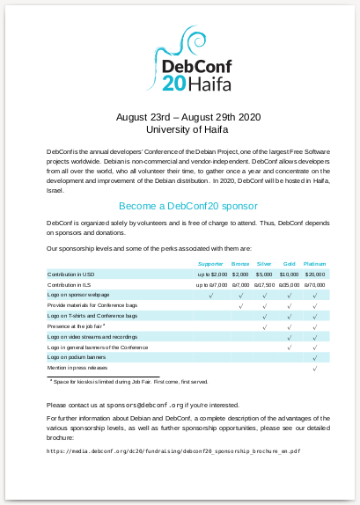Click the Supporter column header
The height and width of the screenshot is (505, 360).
tap(210, 264)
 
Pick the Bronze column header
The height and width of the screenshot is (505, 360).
tap(240, 264)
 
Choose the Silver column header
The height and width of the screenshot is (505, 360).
tap(264, 264)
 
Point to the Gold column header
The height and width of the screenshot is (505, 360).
tap(289, 264)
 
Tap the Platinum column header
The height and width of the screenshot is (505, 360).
tap(314, 264)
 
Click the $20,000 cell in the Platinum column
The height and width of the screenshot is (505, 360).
tap(314, 274)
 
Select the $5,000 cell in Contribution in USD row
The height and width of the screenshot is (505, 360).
tap(264, 274)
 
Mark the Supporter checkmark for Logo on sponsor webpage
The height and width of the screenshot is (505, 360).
tap(211, 296)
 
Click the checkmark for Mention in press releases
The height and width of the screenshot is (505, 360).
tap(314, 369)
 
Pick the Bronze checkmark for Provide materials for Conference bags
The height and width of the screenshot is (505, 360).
tap(240, 306)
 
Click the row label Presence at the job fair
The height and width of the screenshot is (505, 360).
tap(77, 326)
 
